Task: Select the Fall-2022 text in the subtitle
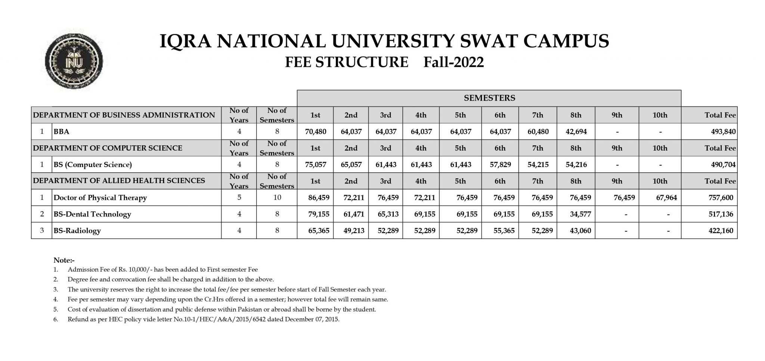point(453,62)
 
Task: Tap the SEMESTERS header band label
point(489,98)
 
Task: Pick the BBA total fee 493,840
point(721,132)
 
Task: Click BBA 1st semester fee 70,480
point(316,132)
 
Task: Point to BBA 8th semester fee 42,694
point(576,132)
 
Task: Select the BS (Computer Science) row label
point(93,164)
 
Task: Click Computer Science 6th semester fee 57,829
point(500,164)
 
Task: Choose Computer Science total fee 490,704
point(721,164)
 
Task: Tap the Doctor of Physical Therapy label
point(100,198)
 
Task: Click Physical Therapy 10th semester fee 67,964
point(666,198)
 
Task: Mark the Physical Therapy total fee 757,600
point(721,198)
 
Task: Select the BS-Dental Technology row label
point(92,214)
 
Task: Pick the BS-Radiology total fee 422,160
point(721,231)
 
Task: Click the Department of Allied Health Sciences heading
point(119,181)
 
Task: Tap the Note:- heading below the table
point(64,260)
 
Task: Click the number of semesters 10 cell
point(277,197)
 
